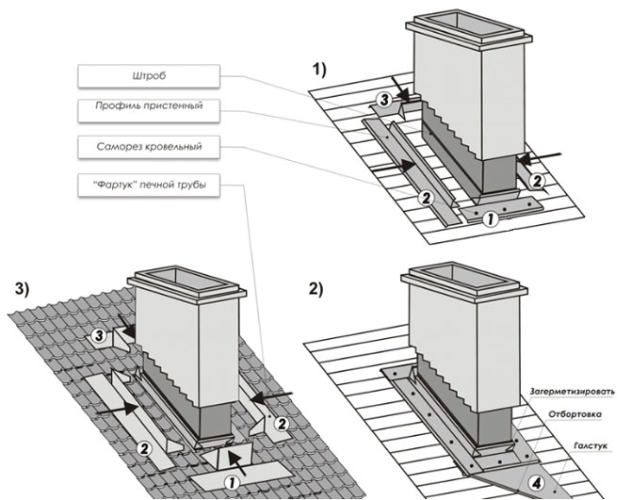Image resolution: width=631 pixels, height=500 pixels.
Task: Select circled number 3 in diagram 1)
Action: (x=385, y=97)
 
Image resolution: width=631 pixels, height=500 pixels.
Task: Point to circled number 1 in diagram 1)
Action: (x=489, y=221)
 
